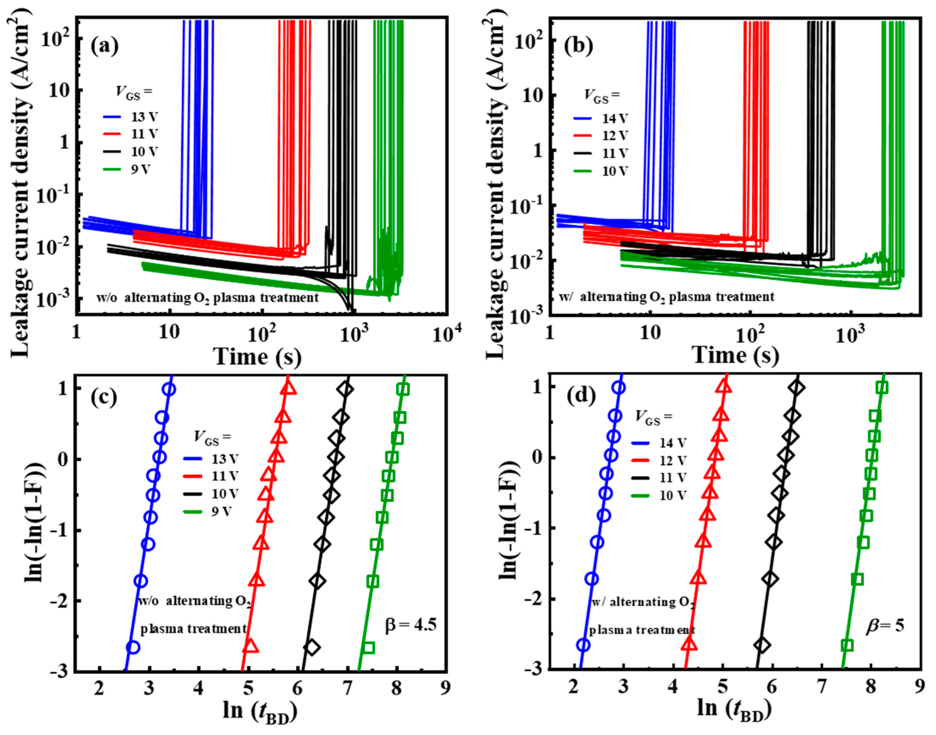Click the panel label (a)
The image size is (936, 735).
[x=105, y=47]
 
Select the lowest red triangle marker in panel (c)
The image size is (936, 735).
[x=250, y=647]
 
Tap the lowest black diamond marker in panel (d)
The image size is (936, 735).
[x=762, y=645]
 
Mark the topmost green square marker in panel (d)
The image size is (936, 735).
[x=882, y=387]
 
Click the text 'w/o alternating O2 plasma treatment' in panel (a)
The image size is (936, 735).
[x=207, y=297]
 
